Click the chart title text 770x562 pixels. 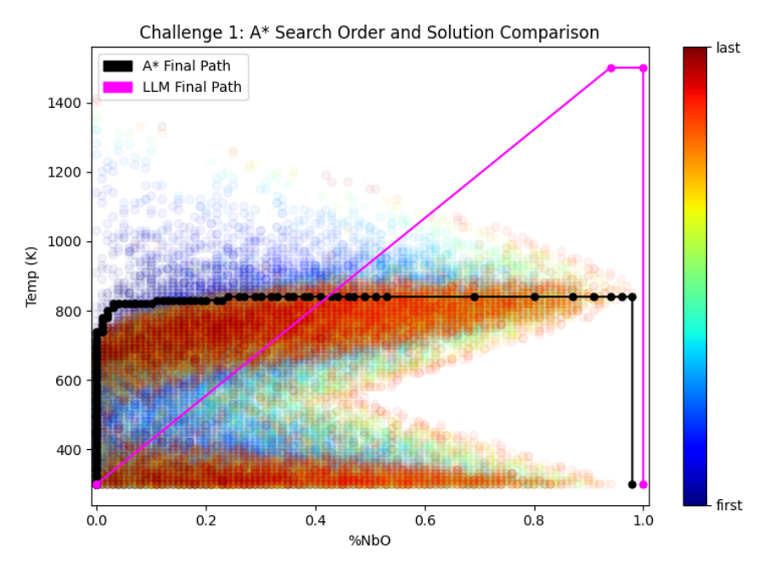click(369, 33)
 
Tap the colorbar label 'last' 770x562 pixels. click(728, 48)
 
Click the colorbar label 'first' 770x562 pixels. click(729, 505)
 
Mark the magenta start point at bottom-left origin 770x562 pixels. click(97, 485)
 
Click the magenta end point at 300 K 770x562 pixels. click(644, 485)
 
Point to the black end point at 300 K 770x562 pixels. click(632, 485)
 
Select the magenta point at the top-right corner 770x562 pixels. click(644, 68)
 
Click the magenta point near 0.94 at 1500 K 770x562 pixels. click(610, 68)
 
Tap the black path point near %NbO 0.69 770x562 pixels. click(475, 297)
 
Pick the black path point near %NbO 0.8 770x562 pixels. click(535, 297)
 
